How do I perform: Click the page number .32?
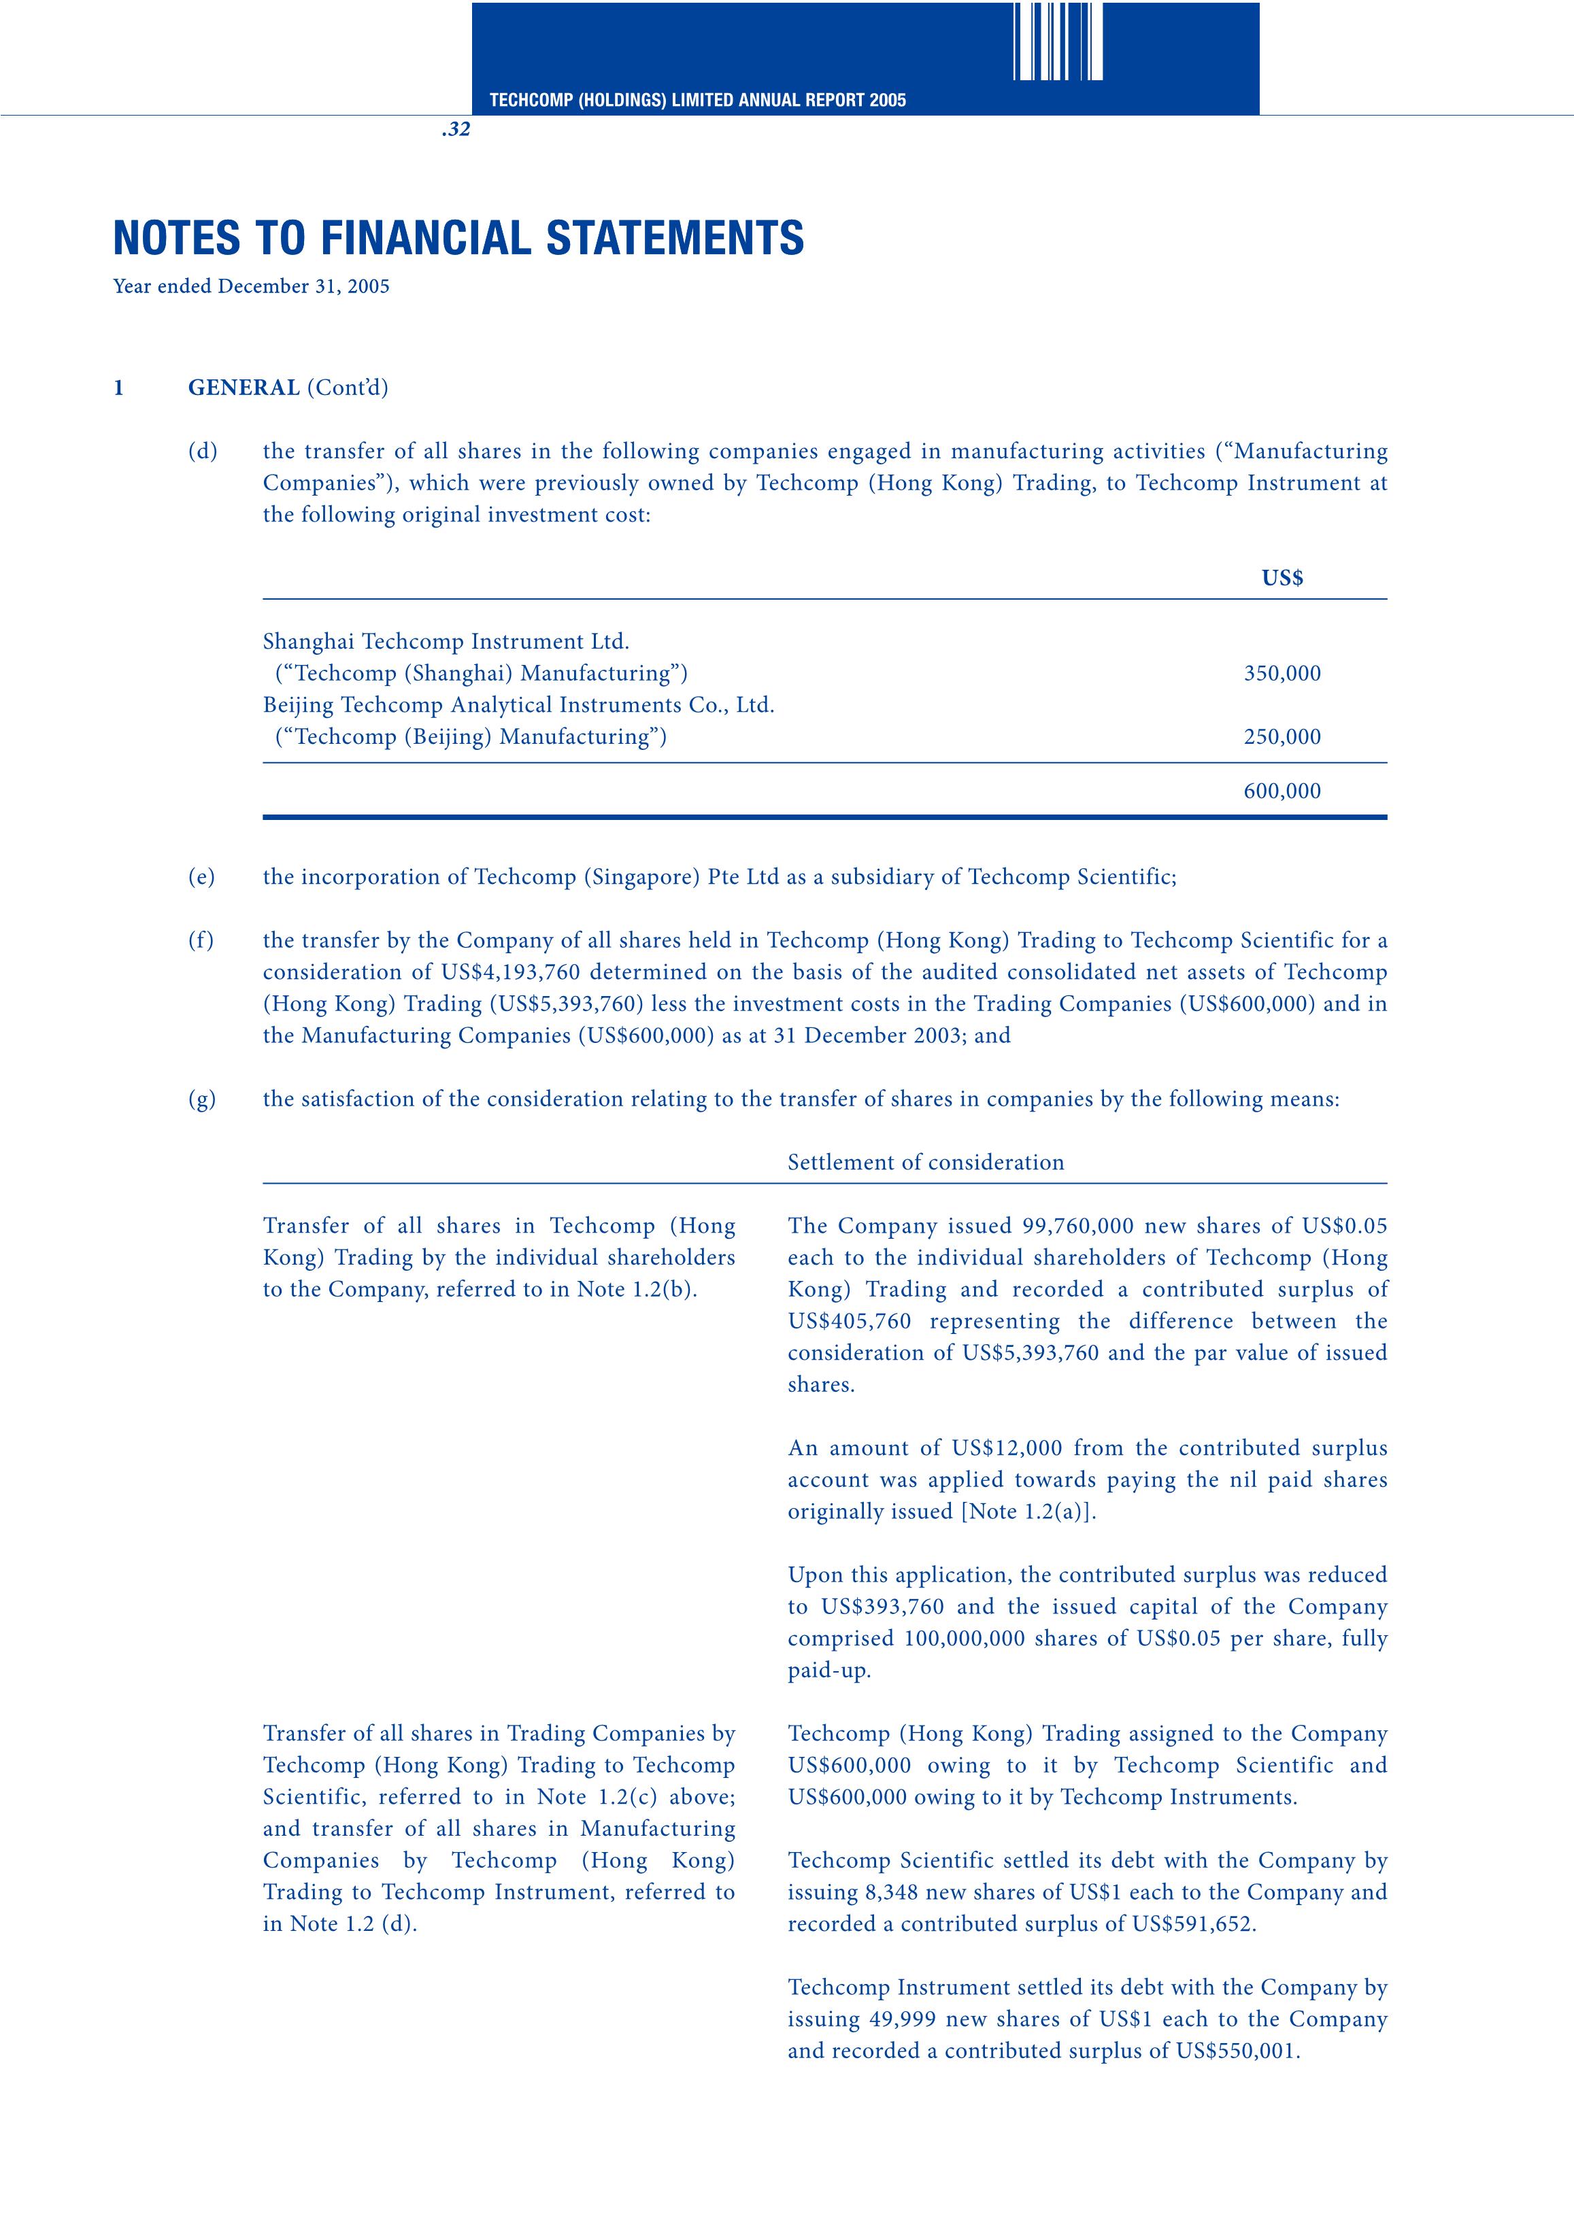coord(455,130)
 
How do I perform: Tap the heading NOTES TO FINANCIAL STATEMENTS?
coord(458,239)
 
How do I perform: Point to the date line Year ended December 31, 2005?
coord(251,287)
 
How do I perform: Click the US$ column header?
coord(1282,579)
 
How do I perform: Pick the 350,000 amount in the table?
coord(1282,674)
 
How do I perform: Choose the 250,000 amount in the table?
coord(1282,737)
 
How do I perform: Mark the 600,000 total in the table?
coord(1282,791)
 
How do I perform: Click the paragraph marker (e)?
coord(202,877)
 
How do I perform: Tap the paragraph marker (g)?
coord(202,1099)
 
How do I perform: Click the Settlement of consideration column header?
coord(925,1163)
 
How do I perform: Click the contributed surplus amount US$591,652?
coord(1193,1925)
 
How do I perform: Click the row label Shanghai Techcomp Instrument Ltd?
coord(446,642)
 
